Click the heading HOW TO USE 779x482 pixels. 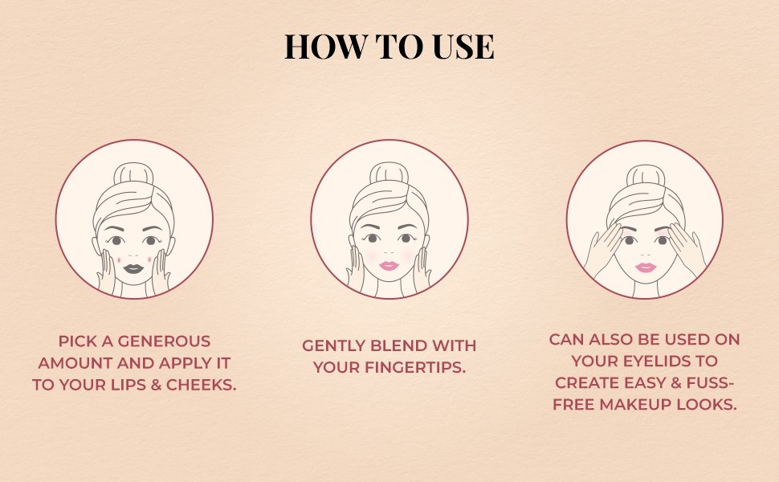pyautogui.click(x=389, y=47)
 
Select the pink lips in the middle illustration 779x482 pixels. pyautogui.click(x=389, y=265)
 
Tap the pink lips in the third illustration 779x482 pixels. pyautogui.click(x=645, y=267)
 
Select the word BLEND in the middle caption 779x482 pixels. pyautogui.click(x=398, y=346)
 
